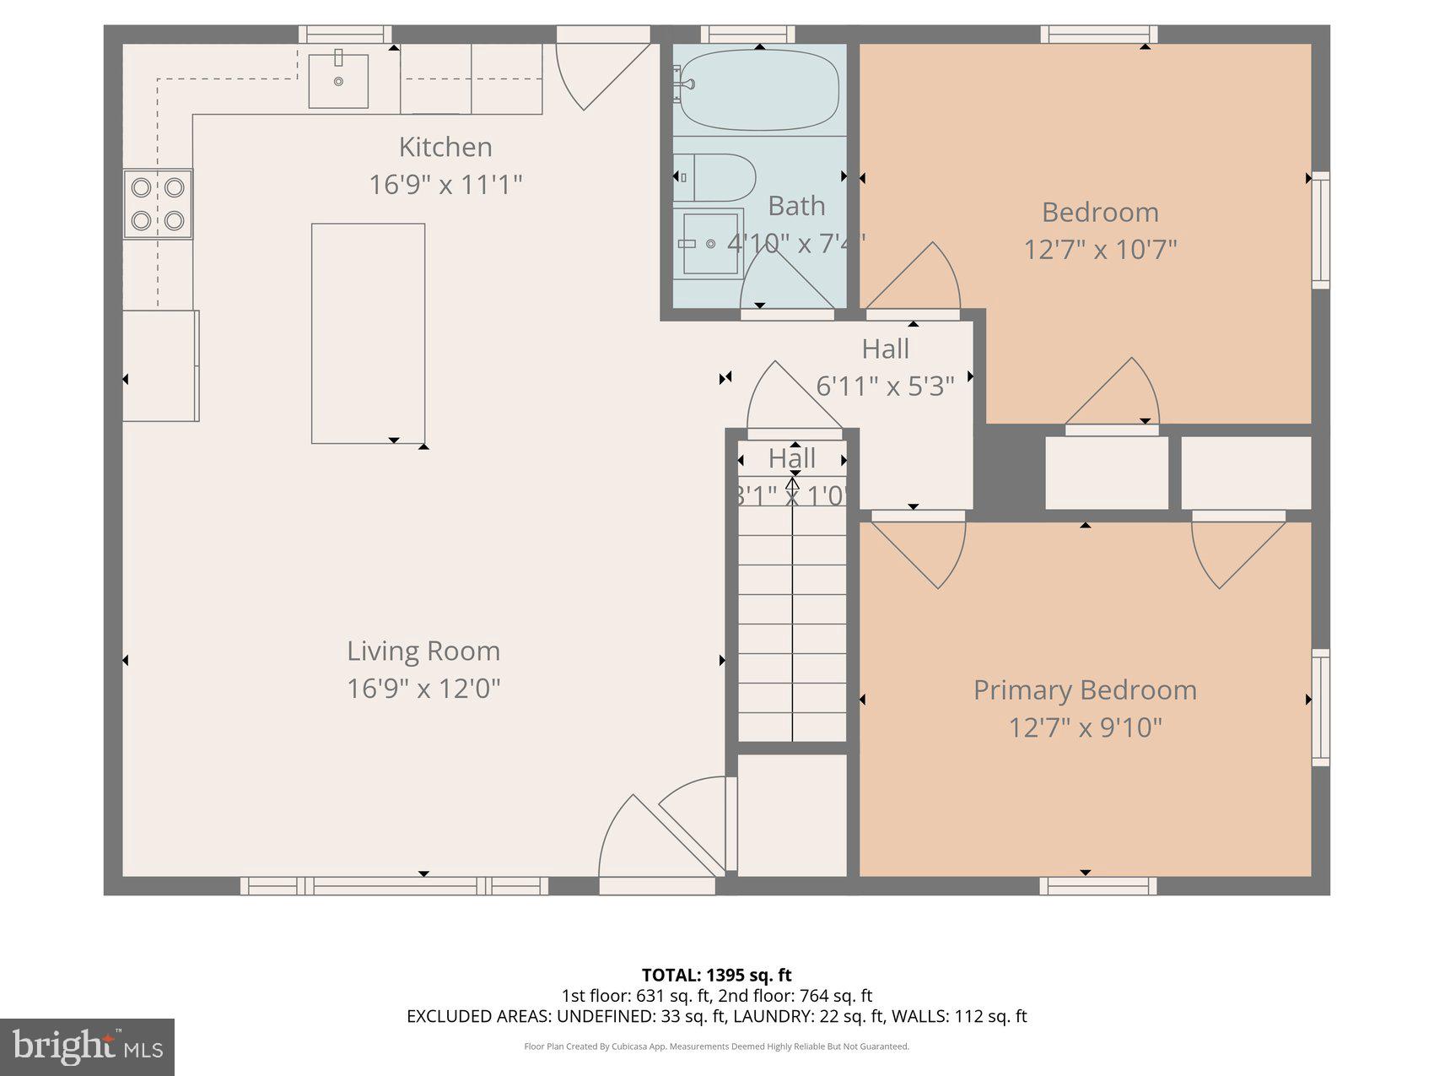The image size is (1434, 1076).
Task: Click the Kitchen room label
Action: tap(445, 147)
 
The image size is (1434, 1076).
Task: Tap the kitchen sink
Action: tap(338, 81)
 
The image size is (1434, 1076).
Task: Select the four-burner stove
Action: tap(158, 203)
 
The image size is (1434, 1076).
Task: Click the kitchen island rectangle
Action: tap(368, 333)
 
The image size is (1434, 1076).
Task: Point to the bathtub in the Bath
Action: tap(759, 89)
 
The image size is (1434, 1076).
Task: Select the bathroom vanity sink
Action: tap(710, 243)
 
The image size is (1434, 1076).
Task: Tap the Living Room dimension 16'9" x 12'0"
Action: tap(423, 689)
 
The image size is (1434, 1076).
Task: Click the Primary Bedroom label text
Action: tap(1085, 690)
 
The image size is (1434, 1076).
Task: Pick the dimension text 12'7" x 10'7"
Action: tap(1100, 250)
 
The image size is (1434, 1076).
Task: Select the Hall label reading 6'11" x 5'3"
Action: tap(885, 386)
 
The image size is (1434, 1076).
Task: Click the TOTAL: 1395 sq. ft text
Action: tap(716, 976)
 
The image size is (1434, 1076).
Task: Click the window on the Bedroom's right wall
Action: tap(1320, 230)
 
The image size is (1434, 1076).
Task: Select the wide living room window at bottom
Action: tap(394, 885)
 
